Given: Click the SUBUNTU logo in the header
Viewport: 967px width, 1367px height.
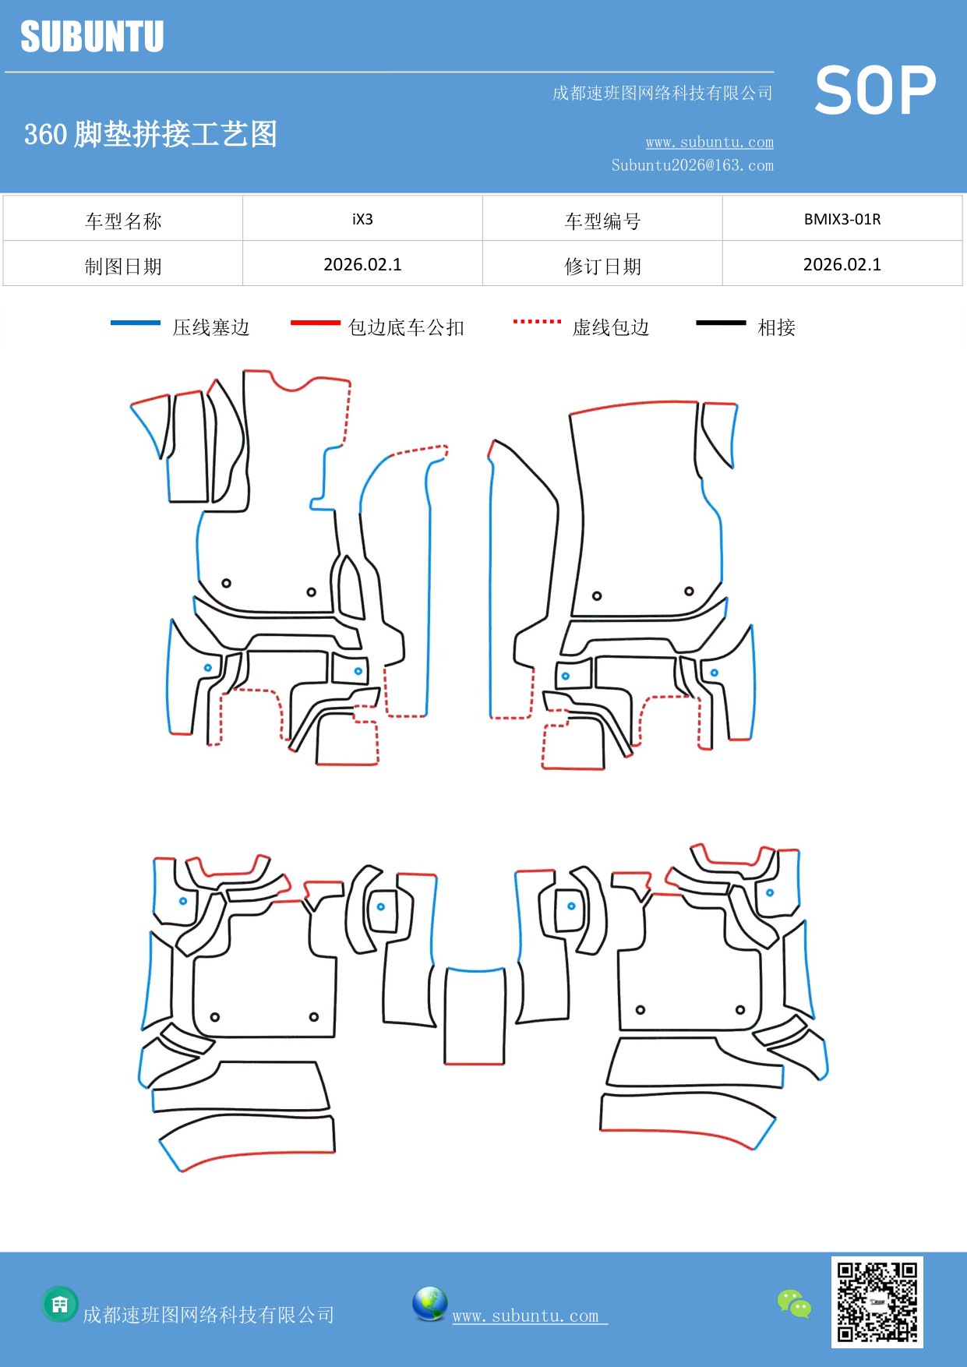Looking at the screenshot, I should pos(92,37).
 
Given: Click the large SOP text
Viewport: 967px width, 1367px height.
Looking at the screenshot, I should pos(874,91).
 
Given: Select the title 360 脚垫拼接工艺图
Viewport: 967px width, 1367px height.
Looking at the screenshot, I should pos(150,134).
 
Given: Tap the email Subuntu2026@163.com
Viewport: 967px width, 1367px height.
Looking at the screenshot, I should pos(692,165).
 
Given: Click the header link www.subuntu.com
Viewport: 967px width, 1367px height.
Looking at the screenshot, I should pos(709,142).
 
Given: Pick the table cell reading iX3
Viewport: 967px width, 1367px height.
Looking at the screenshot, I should pos(362,219).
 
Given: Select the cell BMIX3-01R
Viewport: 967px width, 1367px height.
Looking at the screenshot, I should pos(842,219).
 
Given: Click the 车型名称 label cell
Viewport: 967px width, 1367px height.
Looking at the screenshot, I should pos(123,221).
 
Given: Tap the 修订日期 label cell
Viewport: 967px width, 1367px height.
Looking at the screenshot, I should pos(602,266).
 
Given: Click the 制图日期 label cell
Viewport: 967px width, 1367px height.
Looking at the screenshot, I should pos(123,266).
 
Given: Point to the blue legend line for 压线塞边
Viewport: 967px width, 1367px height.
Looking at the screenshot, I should pos(135,323).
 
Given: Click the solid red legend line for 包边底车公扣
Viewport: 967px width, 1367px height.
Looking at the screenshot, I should pos(315,323).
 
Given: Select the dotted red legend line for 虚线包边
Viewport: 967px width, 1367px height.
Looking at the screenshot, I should pos(537,321).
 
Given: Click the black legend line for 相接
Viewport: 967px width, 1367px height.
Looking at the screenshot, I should pos(721,323).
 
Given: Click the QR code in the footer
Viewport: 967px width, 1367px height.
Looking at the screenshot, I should pos(877,1302).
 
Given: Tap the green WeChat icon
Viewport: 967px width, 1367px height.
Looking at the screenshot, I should pos(794,1303).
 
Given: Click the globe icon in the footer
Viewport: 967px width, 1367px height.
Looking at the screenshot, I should pos(429,1304).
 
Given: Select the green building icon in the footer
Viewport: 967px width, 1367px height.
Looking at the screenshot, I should pos(60,1304).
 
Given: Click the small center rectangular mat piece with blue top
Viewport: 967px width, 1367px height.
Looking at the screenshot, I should pos(475,1016).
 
